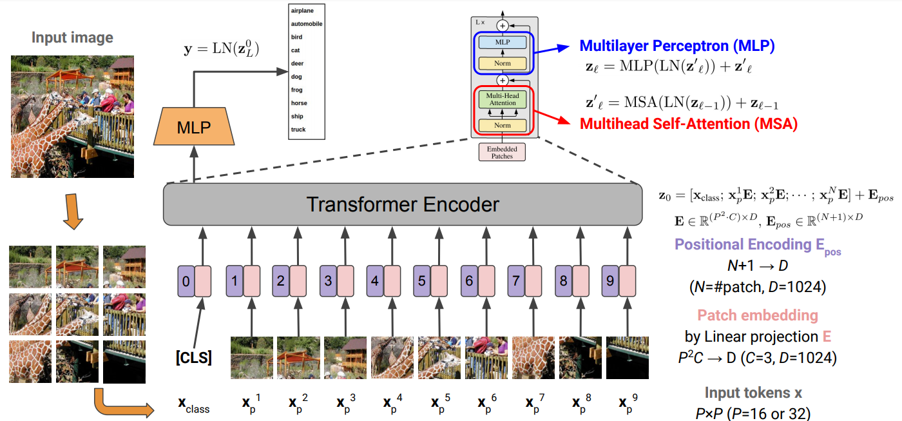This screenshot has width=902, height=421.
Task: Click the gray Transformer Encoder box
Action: click(403, 204)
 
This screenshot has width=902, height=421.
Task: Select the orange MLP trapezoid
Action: click(193, 126)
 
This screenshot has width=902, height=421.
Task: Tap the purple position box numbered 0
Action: click(186, 281)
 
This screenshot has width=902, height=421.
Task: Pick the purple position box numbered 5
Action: click(422, 281)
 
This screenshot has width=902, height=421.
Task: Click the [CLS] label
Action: click(193, 357)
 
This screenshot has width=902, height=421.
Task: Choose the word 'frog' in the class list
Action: click(297, 90)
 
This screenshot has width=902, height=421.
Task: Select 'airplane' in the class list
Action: click(302, 11)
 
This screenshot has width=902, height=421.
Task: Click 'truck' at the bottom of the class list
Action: click(298, 130)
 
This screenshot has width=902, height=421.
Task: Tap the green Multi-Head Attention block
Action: click(503, 99)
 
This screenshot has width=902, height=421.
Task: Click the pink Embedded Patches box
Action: click(502, 152)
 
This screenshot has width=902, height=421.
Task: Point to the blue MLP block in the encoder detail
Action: click(503, 43)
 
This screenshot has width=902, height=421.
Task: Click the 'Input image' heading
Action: click(72, 37)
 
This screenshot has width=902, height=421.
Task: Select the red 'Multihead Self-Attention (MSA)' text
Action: click(689, 124)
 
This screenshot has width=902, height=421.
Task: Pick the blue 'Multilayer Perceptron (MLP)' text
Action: click(676, 46)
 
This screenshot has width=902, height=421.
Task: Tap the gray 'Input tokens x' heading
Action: click(753, 393)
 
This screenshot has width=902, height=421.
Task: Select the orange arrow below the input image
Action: click(72, 212)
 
